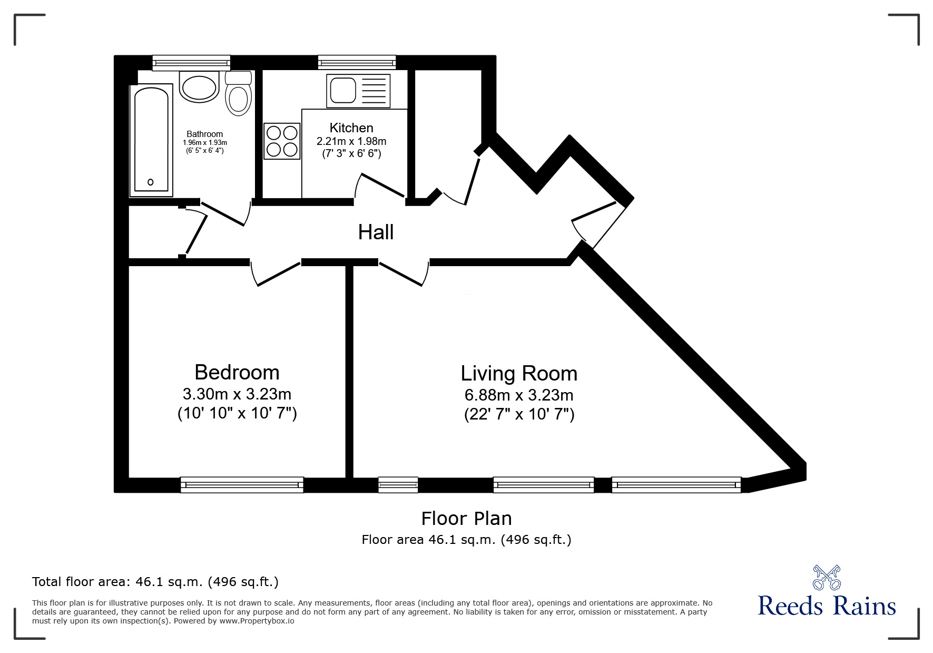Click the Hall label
pyautogui.click(x=376, y=232)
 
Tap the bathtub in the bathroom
pyautogui.click(x=152, y=140)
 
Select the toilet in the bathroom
pyautogui.click(x=238, y=95)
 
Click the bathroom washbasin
pyautogui.click(x=199, y=87)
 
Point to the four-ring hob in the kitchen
pyautogui.click(x=282, y=141)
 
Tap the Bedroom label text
pyautogui.click(x=237, y=373)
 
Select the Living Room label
pyautogui.click(x=519, y=374)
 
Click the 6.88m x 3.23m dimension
pyautogui.click(x=519, y=395)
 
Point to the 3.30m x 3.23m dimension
pyautogui.click(x=237, y=394)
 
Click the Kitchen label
pyautogui.click(x=351, y=128)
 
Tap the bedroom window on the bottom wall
pyautogui.click(x=242, y=484)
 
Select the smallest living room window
pyautogui.click(x=398, y=484)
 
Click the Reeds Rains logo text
pyautogui.click(x=827, y=606)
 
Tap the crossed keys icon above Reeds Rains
pyautogui.click(x=827, y=577)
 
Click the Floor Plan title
pyautogui.click(x=466, y=519)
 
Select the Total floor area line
pyautogui.click(x=155, y=582)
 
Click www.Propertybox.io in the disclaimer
pyautogui.click(x=257, y=621)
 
